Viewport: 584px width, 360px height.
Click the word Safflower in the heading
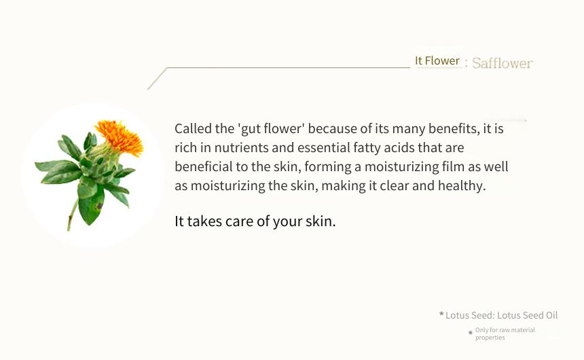click(x=503, y=63)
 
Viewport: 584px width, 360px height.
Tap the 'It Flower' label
click(x=437, y=60)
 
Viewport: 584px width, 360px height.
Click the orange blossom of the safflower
click(x=120, y=137)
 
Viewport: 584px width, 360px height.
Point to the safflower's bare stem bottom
click(x=71, y=220)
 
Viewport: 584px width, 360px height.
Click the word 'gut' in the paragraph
click(x=251, y=129)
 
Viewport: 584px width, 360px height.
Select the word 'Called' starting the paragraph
click(x=193, y=128)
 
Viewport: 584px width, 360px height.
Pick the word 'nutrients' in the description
click(x=241, y=147)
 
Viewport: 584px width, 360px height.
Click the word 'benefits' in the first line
click(x=452, y=128)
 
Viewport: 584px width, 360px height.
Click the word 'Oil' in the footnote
click(x=551, y=315)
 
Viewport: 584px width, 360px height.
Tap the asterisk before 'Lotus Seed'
click(x=441, y=314)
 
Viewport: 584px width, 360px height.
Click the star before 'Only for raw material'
click(x=471, y=331)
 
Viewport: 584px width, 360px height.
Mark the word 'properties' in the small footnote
click(x=490, y=338)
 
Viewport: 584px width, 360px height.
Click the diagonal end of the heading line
click(x=148, y=90)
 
